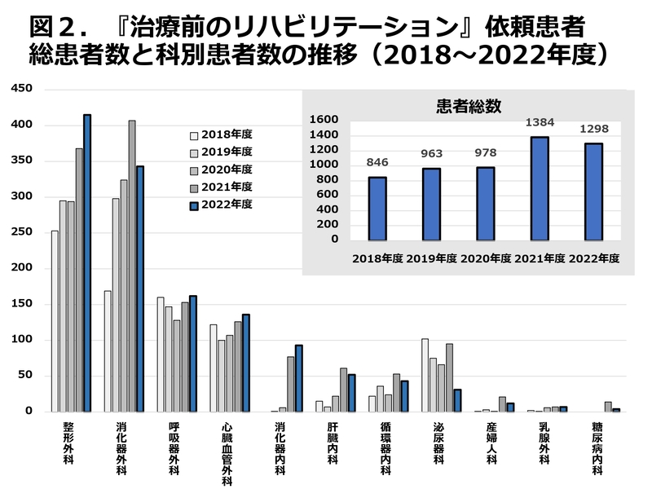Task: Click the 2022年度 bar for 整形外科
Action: point(87,262)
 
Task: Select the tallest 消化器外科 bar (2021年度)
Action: point(132,266)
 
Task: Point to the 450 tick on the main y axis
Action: point(20,88)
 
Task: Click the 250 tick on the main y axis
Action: point(20,231)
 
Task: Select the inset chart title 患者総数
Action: point(469,105)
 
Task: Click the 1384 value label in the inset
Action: point(539,122)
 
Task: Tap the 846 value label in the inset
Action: point(377,162)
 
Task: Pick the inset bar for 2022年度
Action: point(593,192)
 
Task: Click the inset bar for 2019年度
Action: point(431,204)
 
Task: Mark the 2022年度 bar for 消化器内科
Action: point(299,378)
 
